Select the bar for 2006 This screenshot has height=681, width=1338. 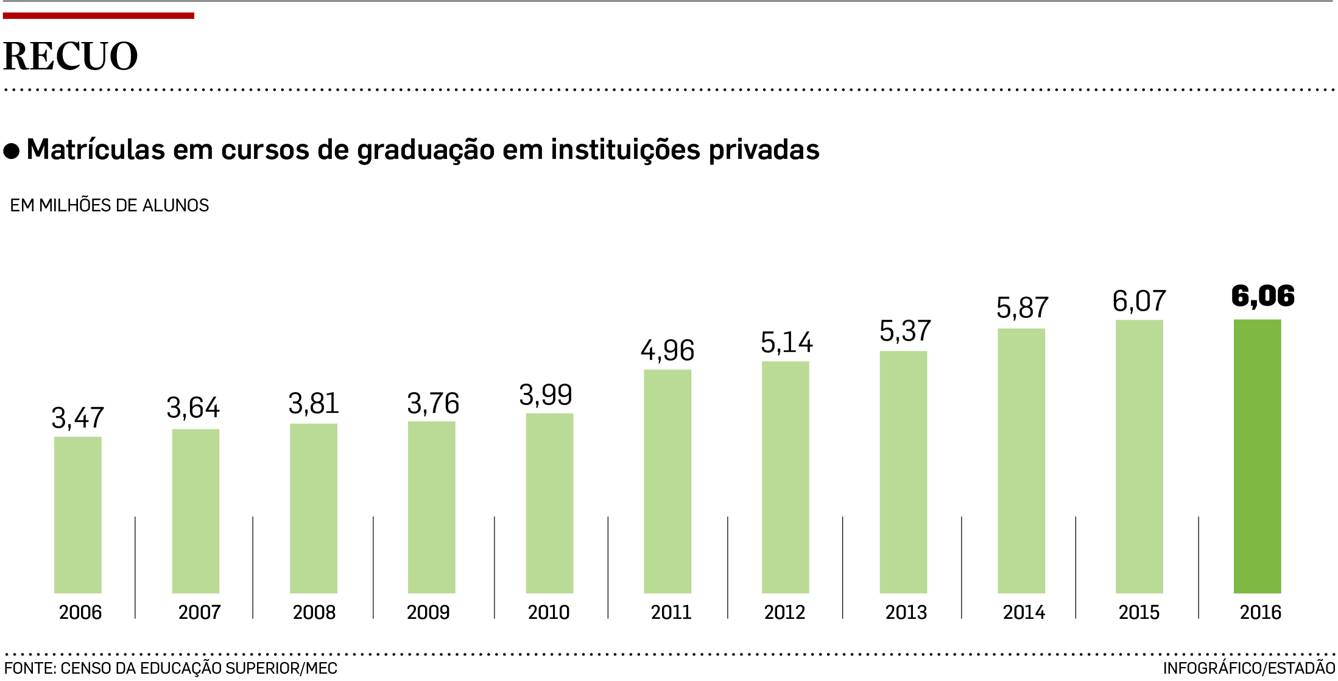click(x=77, y=515)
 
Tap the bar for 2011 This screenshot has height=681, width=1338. click(x=667, y=481)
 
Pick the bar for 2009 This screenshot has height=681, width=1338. click(x=431, y=507)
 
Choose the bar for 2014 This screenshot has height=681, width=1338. click(x=1021, y=460)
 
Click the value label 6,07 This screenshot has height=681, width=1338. click(x=1139, y=301)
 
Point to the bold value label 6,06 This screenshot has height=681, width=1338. click(x=1262, y=296)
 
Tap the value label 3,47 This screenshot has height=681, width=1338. click(x=77, y=418)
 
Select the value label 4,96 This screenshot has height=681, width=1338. click(x=667, y=350)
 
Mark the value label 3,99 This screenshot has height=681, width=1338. click(x=546, y=395)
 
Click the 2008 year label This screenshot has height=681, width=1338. click(x=314, y=612)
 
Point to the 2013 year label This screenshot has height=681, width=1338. click(x=906, y=612)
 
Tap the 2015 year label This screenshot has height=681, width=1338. click(x=1139, y=612)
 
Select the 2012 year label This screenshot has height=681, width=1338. click(x=784, y=612)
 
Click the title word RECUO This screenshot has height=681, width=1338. click(x=71, y=56)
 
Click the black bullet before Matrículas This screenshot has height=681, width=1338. click(x=12, y=150)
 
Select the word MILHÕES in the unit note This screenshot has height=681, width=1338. click(x=76, y=205)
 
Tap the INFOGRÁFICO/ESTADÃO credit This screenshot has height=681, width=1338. click(x=1248, y=668)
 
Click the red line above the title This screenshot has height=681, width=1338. click(x=98, y=16)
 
